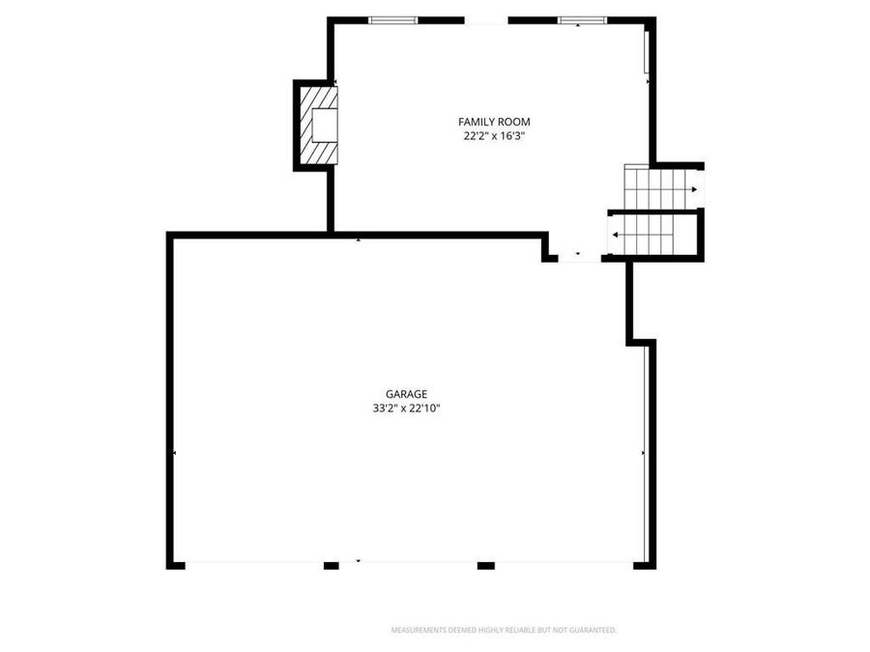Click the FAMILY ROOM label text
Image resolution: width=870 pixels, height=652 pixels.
coord(494,122)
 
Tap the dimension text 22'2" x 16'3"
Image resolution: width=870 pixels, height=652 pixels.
coord(494,136)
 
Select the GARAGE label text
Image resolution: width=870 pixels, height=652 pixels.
coord(406,394)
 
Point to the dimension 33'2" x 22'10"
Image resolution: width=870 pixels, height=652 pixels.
coord(406,409)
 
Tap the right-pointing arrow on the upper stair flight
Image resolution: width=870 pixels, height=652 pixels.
coord(693,189)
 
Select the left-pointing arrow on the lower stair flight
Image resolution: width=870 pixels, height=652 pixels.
coord(616,235)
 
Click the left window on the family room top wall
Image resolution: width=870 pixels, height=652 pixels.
coord(392,19)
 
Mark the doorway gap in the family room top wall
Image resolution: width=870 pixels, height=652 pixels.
coord(486,19)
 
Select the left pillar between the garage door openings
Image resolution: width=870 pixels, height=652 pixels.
coord(331,565)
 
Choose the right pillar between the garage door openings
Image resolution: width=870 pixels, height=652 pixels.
coord(485,565)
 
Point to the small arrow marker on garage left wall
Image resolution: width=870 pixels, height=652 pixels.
coord(174,452)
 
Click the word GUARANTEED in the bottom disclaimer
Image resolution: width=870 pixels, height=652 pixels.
coord(592,631)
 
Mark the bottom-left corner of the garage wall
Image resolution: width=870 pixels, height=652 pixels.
coord(173,564)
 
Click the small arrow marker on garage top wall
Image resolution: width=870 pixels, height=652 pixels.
coord(359,239)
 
